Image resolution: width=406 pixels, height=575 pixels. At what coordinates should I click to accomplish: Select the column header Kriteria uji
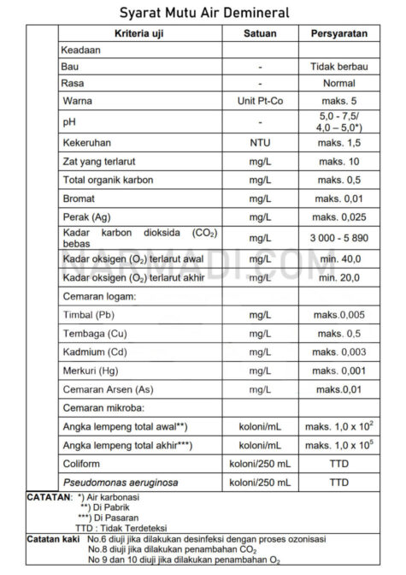coord(138,33)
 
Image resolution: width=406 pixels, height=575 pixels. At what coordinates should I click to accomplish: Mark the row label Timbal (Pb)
coord(89,316)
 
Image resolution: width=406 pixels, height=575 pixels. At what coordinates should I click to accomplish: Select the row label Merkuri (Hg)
coord(91,370)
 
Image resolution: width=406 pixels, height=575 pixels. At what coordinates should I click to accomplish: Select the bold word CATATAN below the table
coord(48,496)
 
